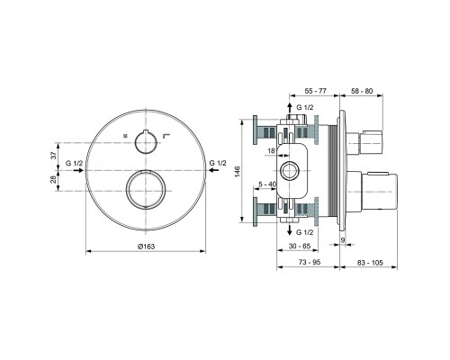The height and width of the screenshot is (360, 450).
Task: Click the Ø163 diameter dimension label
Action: point(146,247)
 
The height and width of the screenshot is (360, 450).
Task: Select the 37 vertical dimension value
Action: point(53,156)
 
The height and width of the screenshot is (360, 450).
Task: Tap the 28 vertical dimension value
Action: point(53,180)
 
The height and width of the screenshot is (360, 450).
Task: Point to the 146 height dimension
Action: point(238,171)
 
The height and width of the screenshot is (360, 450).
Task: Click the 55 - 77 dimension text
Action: point(315,91)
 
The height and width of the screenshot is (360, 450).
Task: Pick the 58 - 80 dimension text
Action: point(362,91)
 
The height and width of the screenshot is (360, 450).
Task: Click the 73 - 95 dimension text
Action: point(310,262)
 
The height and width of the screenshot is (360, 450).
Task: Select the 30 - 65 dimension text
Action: point(300,246)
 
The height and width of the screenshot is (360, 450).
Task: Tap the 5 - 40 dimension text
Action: point(267,184)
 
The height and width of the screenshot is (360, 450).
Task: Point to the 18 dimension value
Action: point(271,151)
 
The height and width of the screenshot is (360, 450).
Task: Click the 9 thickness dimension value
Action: point(343,239)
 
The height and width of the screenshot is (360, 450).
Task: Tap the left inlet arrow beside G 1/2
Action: point(78,170)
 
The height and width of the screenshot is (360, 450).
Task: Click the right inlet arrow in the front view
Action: point(213,170)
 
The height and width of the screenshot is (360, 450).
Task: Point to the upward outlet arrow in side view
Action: point(290,109)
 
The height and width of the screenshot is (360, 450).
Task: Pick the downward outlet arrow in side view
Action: point(290,229)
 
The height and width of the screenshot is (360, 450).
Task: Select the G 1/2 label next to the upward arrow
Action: point(305,107)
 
